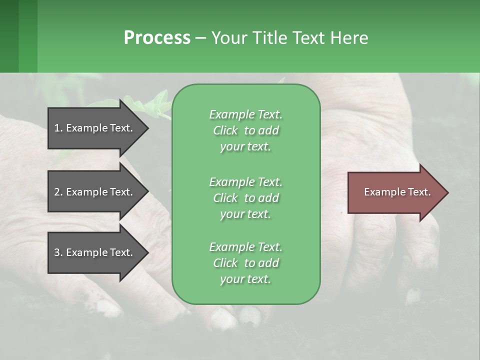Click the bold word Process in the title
[157, 38]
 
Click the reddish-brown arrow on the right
[395, 192]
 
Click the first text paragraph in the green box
[245, 130]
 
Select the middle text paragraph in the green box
[245, 197]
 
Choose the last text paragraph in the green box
[245, 263]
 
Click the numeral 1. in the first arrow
[58, 128]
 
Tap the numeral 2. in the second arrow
[58, 192]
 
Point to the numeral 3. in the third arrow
[58, 252]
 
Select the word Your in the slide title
[229, 38]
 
